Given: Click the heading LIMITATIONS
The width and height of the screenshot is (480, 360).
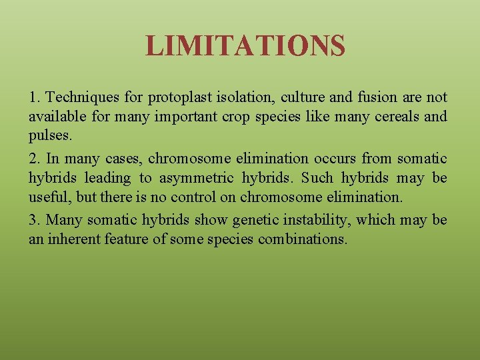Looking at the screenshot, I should (245, 46).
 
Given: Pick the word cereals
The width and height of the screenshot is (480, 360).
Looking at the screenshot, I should (390, 117).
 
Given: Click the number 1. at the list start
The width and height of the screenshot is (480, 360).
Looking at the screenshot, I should (35, 97).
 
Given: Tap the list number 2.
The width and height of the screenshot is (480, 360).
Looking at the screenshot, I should (35, 159).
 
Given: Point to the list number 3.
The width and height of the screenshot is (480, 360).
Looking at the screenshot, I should (35, 220).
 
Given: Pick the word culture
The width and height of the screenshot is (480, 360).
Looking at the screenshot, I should (304, 97).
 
